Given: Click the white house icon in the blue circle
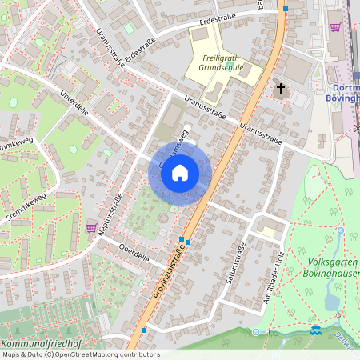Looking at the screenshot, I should (x=180, y=172).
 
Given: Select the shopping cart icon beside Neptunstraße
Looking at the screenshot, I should (x=91, y=227).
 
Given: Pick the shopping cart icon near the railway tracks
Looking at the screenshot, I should (x=335, y=26).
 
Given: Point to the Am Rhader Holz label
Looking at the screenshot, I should (x=273, y=277).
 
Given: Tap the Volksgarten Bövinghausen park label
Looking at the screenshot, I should (x=334, y=267).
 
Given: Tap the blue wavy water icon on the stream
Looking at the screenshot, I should (x=315, y=330).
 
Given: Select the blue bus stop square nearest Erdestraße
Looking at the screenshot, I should (x=286, y=9).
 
